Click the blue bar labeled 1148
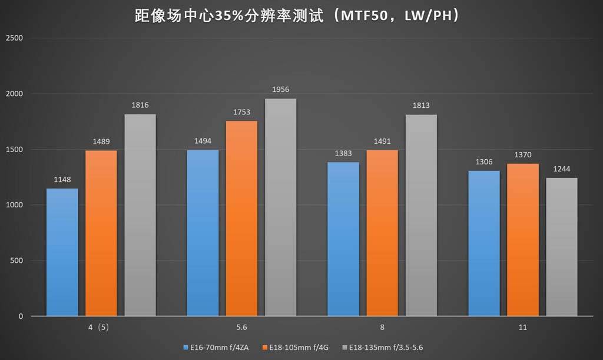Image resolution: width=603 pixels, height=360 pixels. click(x=62, y=252)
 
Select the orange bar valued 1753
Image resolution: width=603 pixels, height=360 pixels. click(x=241, y=218)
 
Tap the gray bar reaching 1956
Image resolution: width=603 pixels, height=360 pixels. click(x=280, y=207)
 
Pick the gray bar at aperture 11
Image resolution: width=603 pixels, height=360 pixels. click(x=562, y=247)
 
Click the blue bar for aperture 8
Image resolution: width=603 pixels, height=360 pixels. click(x=343, y=239)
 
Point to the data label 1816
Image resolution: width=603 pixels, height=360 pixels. click(x=140, y=105)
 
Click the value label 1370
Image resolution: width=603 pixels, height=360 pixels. click(x=522, y=154)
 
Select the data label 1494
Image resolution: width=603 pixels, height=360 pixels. click(x=203, y=141)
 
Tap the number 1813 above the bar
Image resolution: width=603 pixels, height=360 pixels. click(x=421, y=105)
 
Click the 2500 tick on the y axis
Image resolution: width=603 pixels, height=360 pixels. click(x=14, y=38)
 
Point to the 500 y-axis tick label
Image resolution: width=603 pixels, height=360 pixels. click(x=16, y=261)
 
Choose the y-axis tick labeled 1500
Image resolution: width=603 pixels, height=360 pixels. click(x=14, y=150)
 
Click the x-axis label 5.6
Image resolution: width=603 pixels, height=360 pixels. click(x=241, y=327)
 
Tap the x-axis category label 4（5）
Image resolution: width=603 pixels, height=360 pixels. click(x=101, y=327)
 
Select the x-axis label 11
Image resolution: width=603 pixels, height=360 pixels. click(x=523, y=327)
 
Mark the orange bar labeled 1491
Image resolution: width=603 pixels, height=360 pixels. click(x=382, y=233)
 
